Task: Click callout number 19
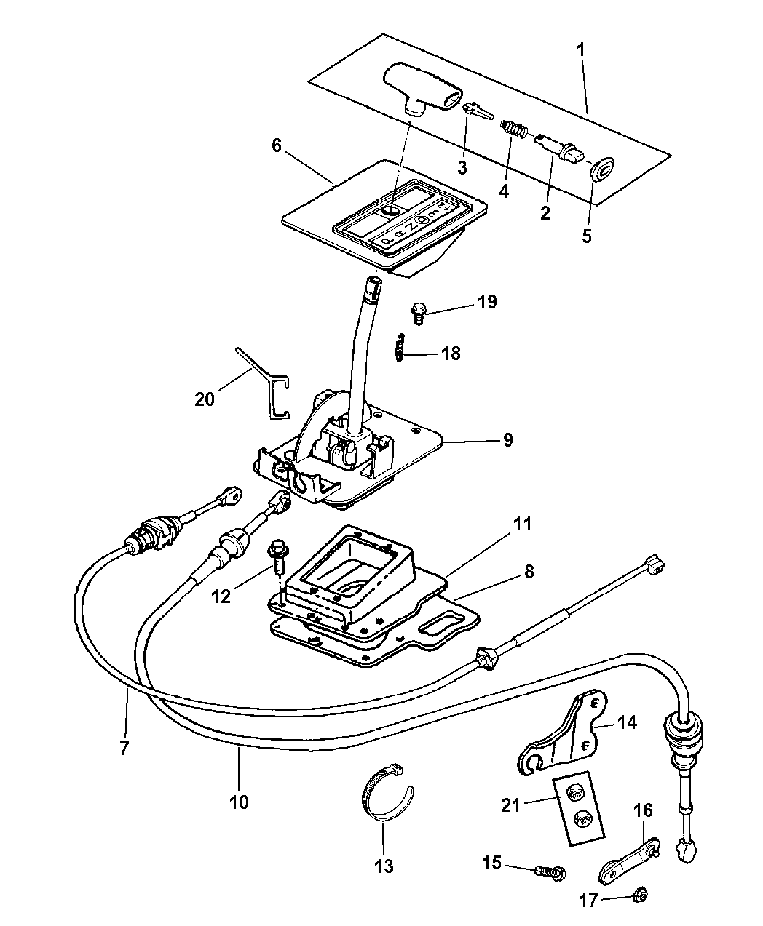coord(487,302)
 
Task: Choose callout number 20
coord(205,399)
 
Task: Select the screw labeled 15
coord(549,870)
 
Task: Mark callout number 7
coord(124,747)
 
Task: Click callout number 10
coord(239,802)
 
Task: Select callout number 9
coord(507,439)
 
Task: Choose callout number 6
coord(276,145)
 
